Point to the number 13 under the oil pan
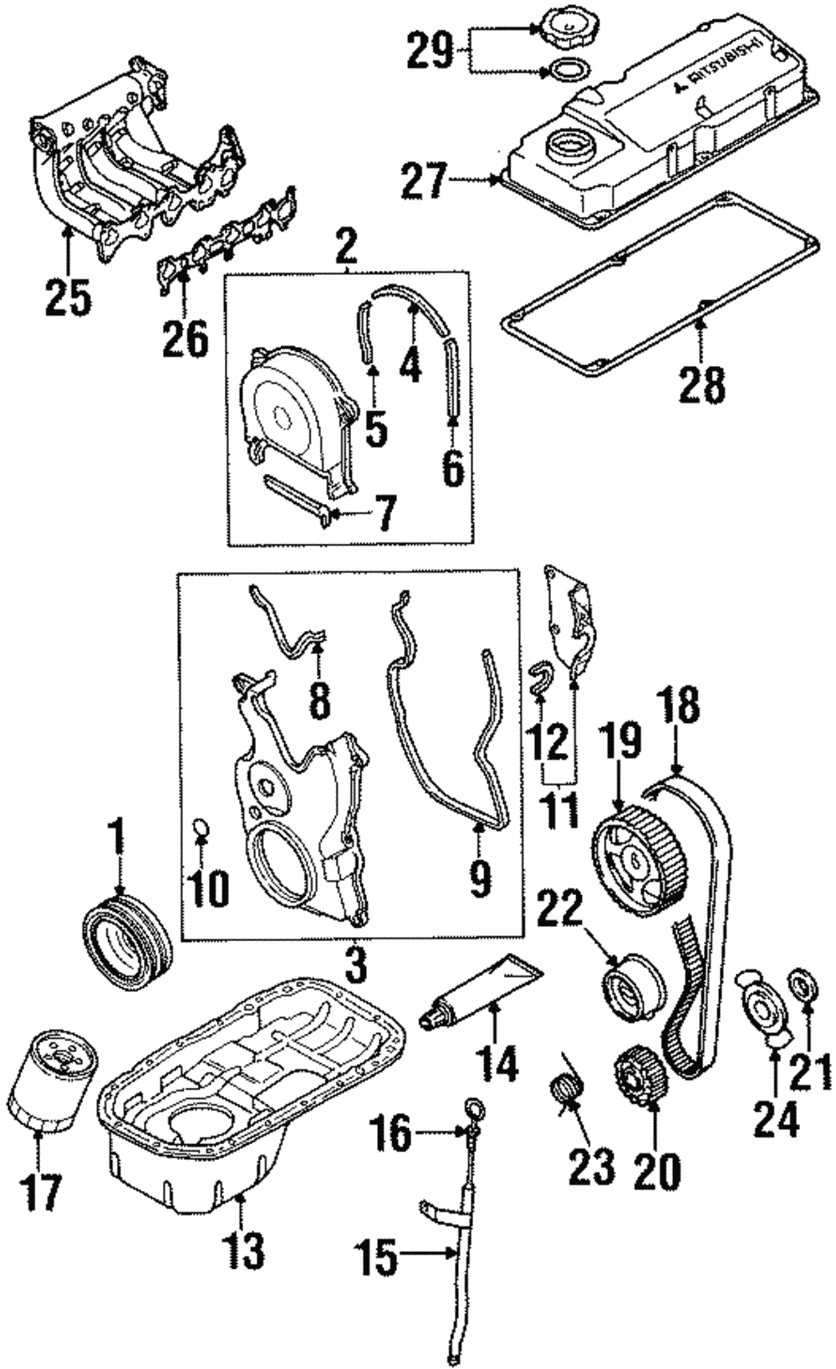pos(242,1250)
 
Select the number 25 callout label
pos(68,297)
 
